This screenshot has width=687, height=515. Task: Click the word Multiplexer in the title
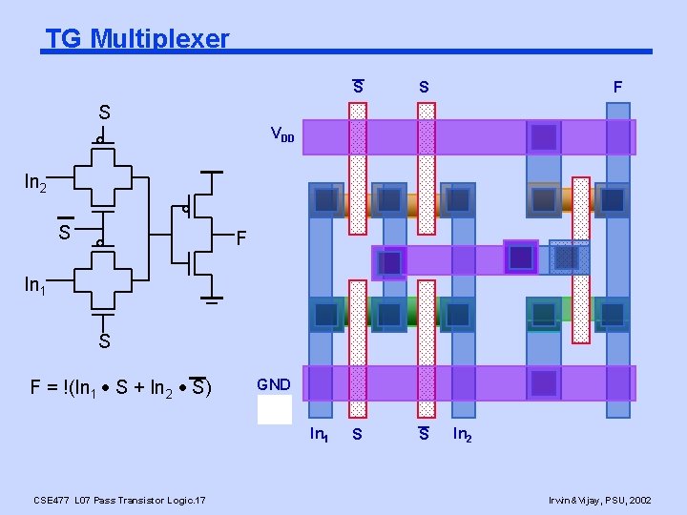pyautogui.click(x=161, y=39)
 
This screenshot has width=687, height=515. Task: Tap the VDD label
pyautogui.click(x=282, y=134)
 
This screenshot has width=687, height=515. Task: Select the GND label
pyautogui.click(x=274, y=384)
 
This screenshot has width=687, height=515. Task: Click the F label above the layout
pyautogui.click(x=617, y=88)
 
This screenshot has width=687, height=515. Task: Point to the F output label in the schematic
pyautogui.click(x=242, y=237)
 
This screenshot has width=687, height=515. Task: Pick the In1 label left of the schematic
pyautogui.click(x=35, y=285)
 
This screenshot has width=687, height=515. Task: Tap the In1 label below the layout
pyautogui.click(x=320, y=435)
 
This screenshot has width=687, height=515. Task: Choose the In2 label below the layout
pyautogui.click(x=462, y=435)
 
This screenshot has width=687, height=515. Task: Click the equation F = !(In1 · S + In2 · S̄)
pyautogui.click(x=121, y=387)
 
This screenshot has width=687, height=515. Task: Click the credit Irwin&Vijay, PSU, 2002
pyautogui.click(x=600, y=500)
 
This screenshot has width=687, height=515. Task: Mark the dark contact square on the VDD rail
pyautogui.click(x=544, y=137)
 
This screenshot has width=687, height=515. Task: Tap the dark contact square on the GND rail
pyautogui.click(x=544, y=383)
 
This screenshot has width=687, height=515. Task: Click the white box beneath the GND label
pyautogui.click(x=275, y=409)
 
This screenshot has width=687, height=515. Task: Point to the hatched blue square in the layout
pyautogui.click(x=570, y=257)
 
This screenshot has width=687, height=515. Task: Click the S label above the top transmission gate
pyautogui.click(x=104, y=113)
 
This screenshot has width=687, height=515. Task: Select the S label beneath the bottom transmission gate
pyautogui.click(x=104, y=340)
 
